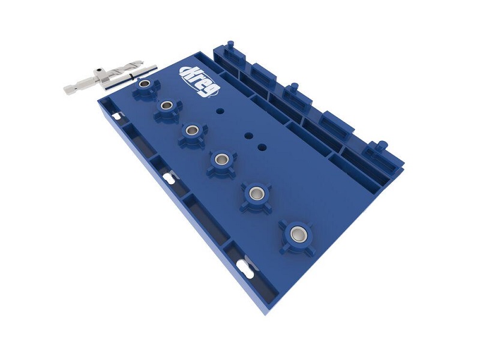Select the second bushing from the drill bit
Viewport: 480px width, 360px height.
(167, 106)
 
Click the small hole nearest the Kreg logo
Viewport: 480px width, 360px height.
(220, 110)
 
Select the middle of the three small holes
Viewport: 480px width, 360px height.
(247, 136)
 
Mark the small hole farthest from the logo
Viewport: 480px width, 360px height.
(262, 146)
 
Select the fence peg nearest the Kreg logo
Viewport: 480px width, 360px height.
(230, 46)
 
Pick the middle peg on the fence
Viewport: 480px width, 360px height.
(294, 89)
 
